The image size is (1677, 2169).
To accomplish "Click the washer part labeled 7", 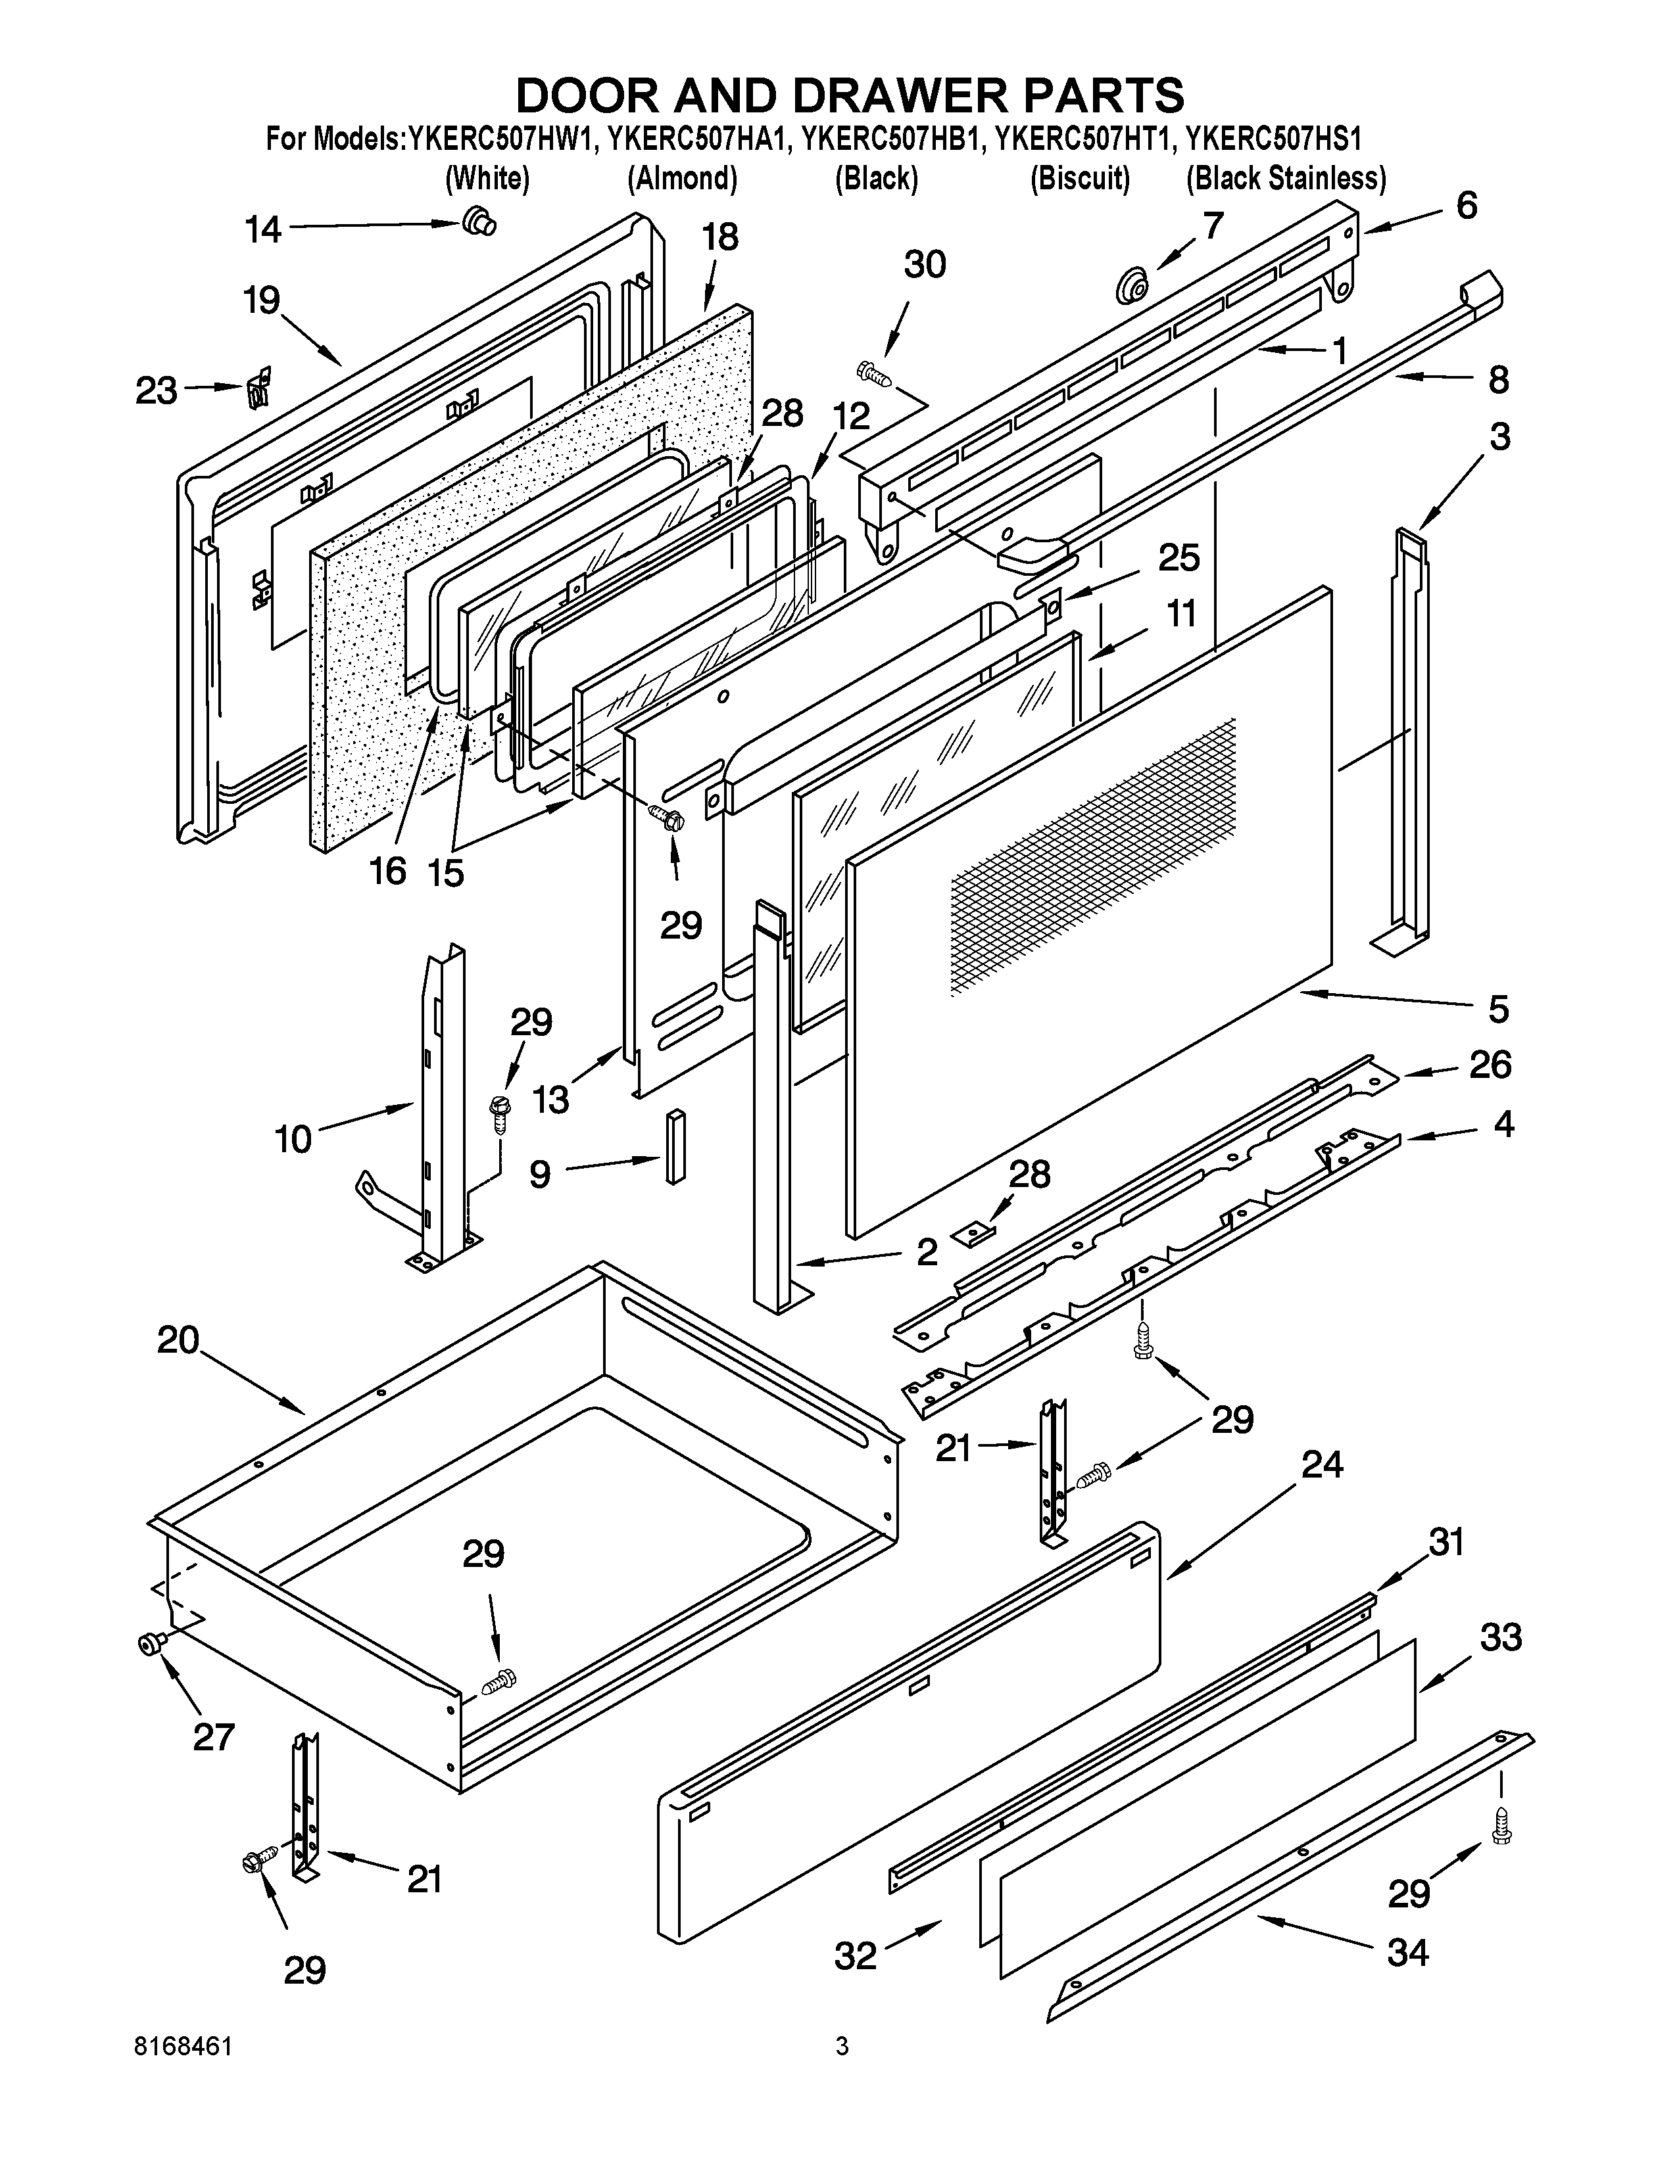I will coord(1130,285).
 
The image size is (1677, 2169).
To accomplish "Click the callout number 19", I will coord(262,300).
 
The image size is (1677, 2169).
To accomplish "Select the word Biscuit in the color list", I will coord(1080,179).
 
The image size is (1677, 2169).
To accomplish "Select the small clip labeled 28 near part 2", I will coord(971,1234).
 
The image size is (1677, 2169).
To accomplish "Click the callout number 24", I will coord(1323,1465).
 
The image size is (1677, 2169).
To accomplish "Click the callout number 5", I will coord(1498,1008).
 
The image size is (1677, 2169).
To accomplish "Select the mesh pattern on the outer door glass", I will coord(1093,854).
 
